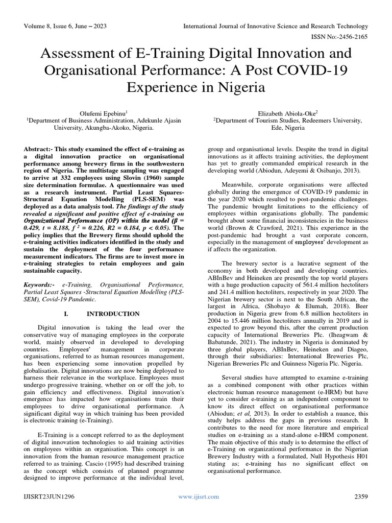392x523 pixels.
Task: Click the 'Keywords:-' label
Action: click(x=41, y=283)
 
